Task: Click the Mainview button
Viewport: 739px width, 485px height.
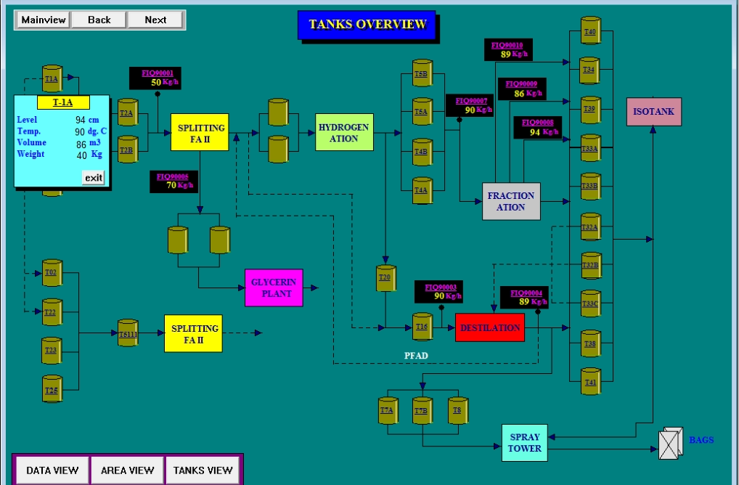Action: (44, 20)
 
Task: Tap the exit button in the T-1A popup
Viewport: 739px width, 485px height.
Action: (94, 178)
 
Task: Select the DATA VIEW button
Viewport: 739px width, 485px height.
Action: (52, 470)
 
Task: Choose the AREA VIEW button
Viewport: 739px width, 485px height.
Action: (127, 470)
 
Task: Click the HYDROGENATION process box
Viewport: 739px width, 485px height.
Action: (344, 133)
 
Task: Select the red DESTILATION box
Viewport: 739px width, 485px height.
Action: (490, 327)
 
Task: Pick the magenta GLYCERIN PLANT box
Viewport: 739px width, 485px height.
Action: (273, 288)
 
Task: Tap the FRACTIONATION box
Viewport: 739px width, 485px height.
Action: (511, 201)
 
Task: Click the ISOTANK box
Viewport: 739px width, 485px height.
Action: (653, 112)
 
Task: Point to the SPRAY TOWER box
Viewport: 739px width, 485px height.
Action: (524, 442)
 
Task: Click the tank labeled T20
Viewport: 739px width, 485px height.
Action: (385, 278)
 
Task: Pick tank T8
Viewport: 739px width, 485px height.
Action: (457, 411)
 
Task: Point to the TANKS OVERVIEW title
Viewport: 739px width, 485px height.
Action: (367, 25)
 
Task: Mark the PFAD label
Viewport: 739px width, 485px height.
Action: (417, 356)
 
